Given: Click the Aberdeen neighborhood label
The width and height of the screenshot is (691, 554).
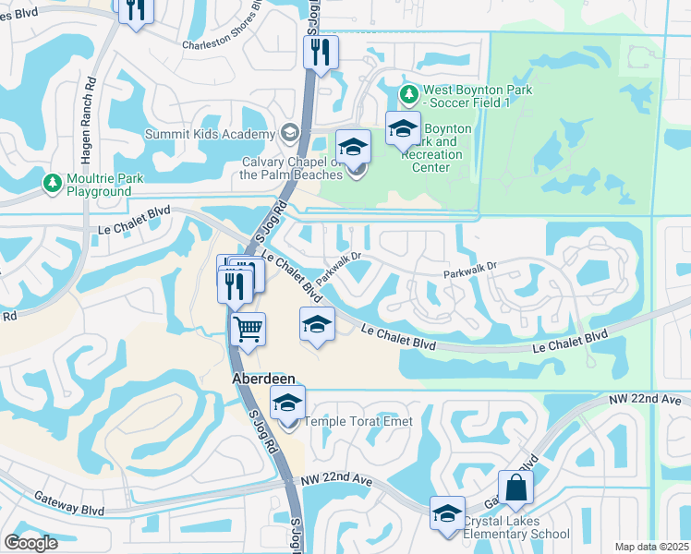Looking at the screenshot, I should pyautogui.click(x=263, y=379).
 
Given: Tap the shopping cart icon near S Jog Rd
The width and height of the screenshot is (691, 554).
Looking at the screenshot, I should pyautogui.click(x=248, y=328).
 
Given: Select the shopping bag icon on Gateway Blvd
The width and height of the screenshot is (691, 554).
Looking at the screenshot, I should pyautogui.click(x=515, y=487).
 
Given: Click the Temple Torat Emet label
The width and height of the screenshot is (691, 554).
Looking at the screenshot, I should pyautogui.click(x=356, y=422).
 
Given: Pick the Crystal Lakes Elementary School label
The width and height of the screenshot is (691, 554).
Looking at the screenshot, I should pyautogui.click(x=516, y=527).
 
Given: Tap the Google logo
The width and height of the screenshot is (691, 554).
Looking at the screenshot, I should pyautogui.click(x=31, y=542).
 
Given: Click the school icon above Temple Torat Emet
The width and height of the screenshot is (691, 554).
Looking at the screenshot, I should pyautogui.click(x=287, y=402).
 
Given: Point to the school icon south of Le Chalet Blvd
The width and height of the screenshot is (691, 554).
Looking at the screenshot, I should pyautogui.click(x=317, y=323).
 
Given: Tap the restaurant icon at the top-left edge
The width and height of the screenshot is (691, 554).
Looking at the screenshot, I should pyautogui.click(x=135, y=11).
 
